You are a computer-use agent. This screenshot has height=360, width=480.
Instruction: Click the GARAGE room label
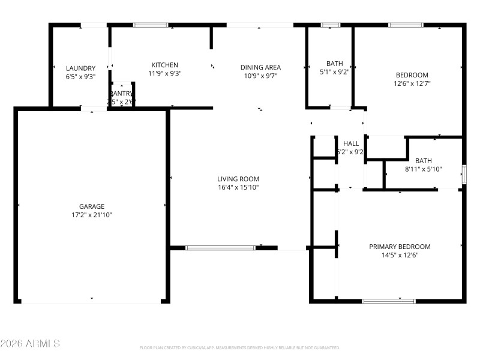92,206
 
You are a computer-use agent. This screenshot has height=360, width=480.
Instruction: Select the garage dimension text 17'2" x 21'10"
92,215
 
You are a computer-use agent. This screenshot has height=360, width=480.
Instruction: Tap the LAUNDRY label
80,68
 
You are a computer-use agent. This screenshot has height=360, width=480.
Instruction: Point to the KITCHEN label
164,65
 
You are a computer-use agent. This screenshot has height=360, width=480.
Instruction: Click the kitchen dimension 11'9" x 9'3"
164,73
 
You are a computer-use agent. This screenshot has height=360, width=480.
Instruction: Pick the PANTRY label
121,94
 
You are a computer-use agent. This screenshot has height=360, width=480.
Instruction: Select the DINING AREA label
260,67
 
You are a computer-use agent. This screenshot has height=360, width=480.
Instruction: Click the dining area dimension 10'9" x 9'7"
260,76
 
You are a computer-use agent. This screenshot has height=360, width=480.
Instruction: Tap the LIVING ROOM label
238,179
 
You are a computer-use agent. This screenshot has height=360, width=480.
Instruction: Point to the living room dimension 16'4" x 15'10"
238,187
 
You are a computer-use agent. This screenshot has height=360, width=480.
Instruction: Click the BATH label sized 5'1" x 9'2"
334,64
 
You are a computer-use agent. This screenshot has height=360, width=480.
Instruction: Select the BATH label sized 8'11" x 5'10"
424,161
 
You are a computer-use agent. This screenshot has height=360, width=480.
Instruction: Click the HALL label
351,143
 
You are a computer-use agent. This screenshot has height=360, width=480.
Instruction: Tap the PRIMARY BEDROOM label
400,247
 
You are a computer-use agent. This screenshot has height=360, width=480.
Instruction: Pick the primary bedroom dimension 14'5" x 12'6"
400,255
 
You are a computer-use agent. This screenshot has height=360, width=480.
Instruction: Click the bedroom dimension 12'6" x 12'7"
412,83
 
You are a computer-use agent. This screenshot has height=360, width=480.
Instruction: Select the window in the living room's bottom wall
220,247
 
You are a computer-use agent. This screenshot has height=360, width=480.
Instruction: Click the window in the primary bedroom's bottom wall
389,301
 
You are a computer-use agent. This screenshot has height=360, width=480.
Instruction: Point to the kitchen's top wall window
151,25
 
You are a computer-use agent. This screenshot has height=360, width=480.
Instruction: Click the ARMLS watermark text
30,344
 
